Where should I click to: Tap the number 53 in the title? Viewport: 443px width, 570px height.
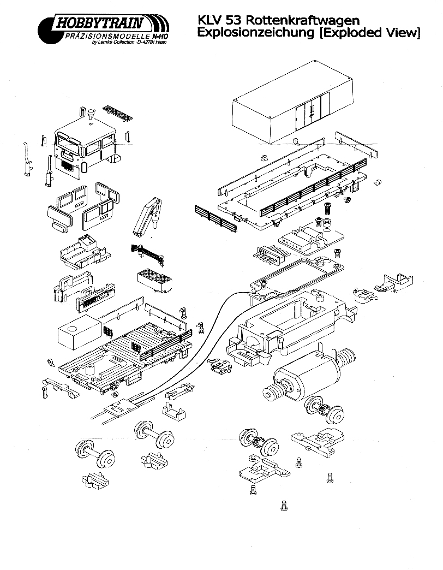click(x=231, y=21)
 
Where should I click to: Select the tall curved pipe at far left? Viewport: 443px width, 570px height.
click(x=26, y=158)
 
